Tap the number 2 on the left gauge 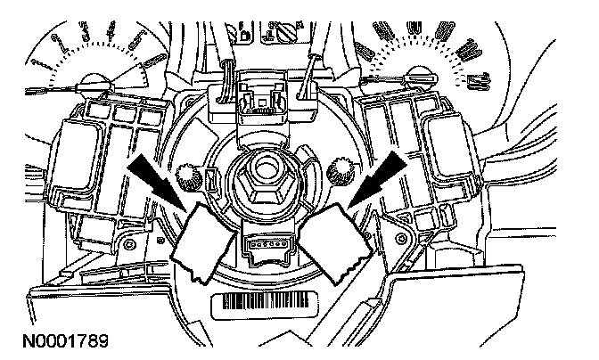(x=61, y=42)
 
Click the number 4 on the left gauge (x=112, y=34)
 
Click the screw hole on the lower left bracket (x=131, y=243)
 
